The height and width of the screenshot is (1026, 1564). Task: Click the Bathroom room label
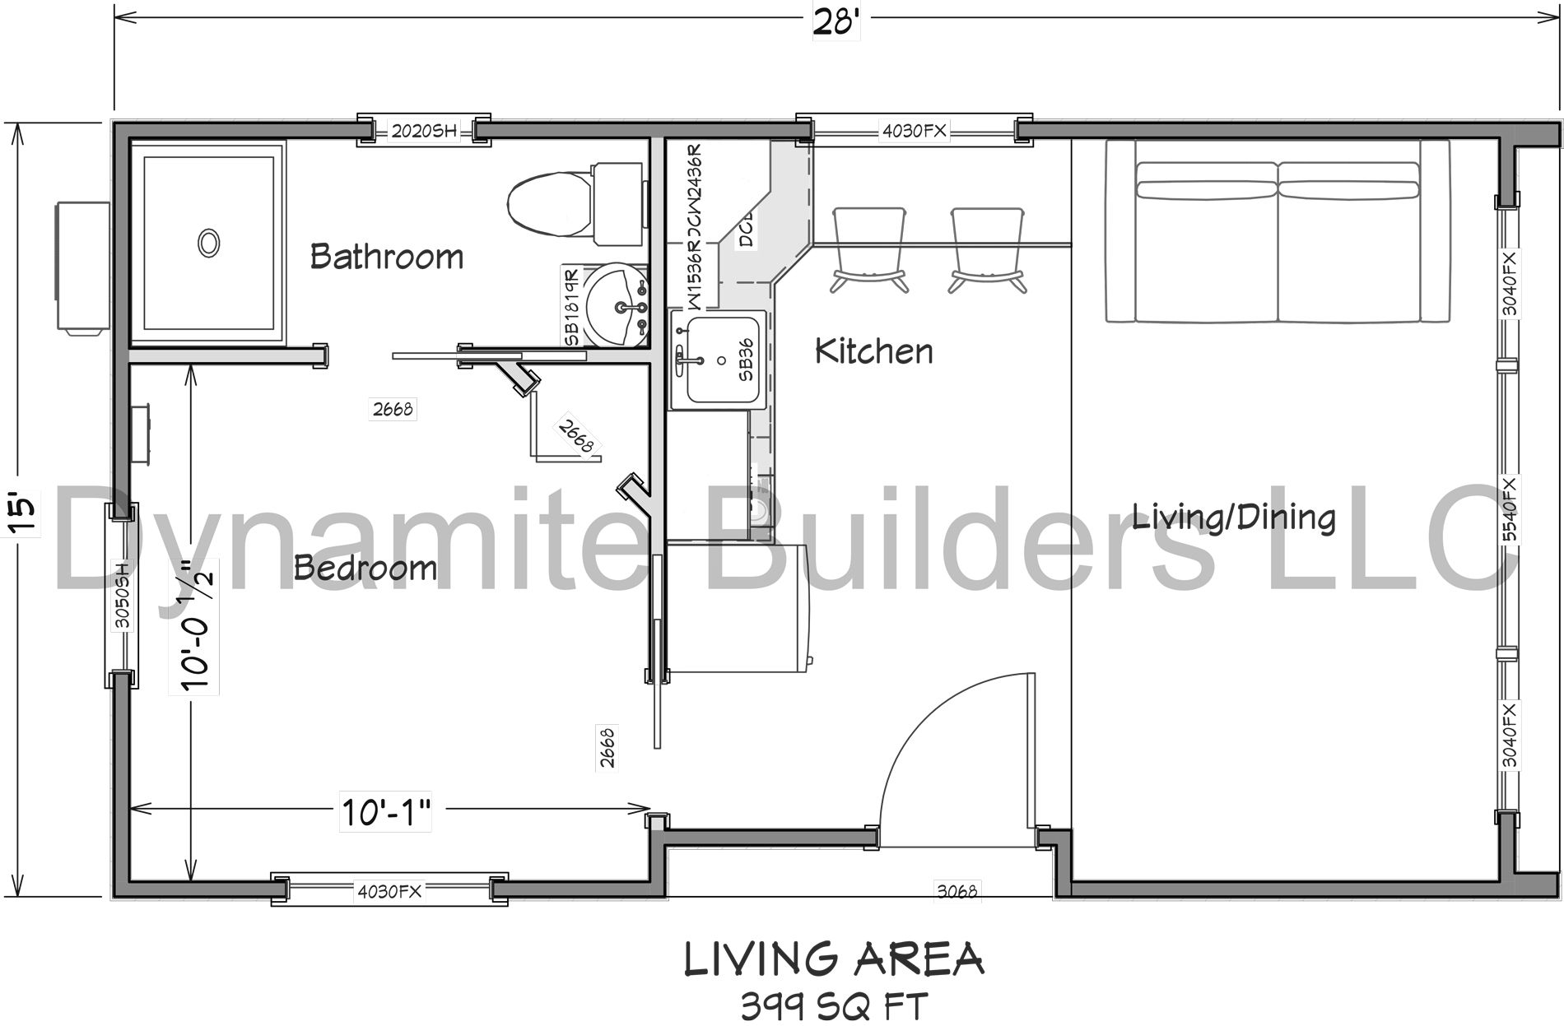click(386, 257)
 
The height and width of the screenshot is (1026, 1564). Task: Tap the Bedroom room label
click(365, 568)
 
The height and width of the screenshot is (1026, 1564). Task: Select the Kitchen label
click(873, 351)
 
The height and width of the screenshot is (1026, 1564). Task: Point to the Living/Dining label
click(1233, 518)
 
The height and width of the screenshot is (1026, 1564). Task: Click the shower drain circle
click(208, 243)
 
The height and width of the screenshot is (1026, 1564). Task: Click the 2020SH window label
click(423, 131)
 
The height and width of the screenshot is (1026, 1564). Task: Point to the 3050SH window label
click(122, 596)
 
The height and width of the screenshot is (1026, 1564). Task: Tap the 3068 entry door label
click(957, 890)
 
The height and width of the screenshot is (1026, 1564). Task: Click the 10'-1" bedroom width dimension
click(386, 815)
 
